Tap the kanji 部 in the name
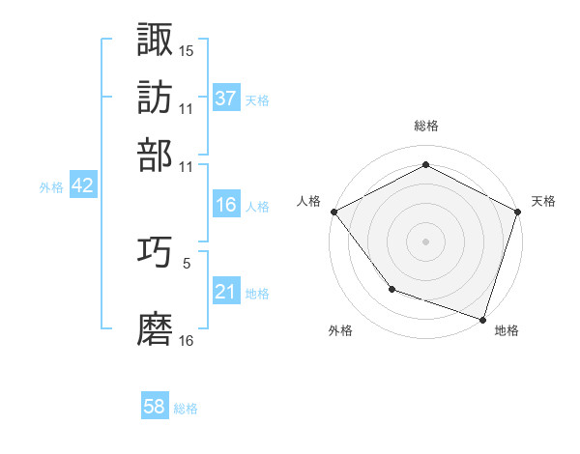pos(156,154)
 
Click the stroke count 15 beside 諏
pos(187,50)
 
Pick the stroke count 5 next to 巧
pos(187,262)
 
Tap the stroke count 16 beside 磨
pos(187,341)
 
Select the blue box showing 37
pos(225,98)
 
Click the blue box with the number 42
pos(82,186)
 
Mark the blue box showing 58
pos(154,407)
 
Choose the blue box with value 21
pos(225,292)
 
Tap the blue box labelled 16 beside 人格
pos(225,205)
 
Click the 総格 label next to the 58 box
pos(186,409)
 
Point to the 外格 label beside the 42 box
pos(50,188)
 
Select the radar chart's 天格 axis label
pos(543,201)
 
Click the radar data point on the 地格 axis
pos(483,319)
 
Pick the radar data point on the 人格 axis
pos(333,212)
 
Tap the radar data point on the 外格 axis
pos(391,288)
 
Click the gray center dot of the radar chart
pos(425,241)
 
